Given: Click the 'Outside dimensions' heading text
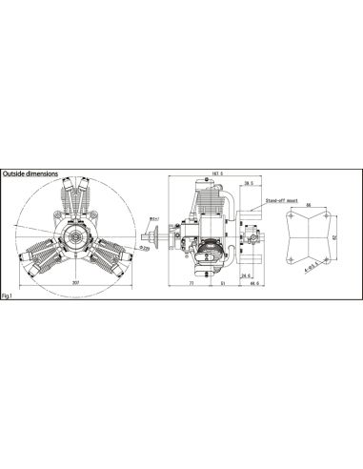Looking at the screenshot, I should (30, 174).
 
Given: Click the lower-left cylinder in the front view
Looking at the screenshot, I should (41, 255).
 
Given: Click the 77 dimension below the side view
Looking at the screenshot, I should (192, 284).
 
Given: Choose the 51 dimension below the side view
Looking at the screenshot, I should (222, 284).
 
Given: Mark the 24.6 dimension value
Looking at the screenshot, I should (244, 276).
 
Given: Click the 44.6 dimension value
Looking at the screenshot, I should (252, 284).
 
